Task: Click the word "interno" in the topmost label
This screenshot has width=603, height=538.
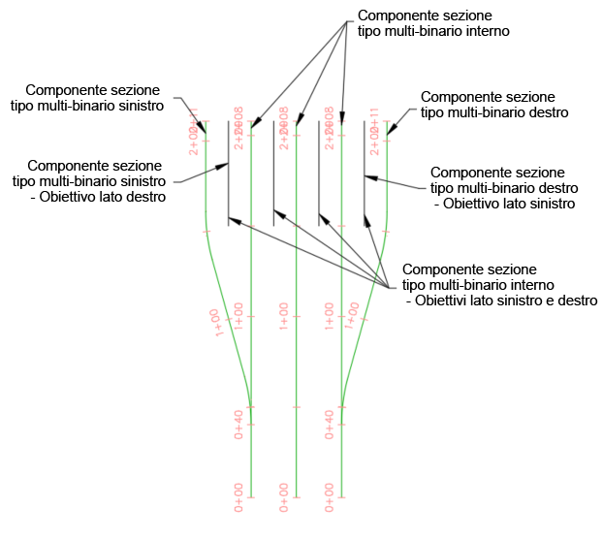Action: click(x=486, y=31)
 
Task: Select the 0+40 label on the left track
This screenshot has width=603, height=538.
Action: click(x=238, y=425)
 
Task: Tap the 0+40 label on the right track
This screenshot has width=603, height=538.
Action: click(x=330, y=425)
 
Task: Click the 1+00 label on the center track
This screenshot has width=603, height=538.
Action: click(x=284, y=317)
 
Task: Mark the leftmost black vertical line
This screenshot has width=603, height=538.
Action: click(x=228, y=173)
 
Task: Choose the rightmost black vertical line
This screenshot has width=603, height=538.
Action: click(x=364, y=173)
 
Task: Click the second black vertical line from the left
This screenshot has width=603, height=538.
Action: click(x=273, y=173)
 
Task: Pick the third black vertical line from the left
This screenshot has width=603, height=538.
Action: click(x=318, y=173)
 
